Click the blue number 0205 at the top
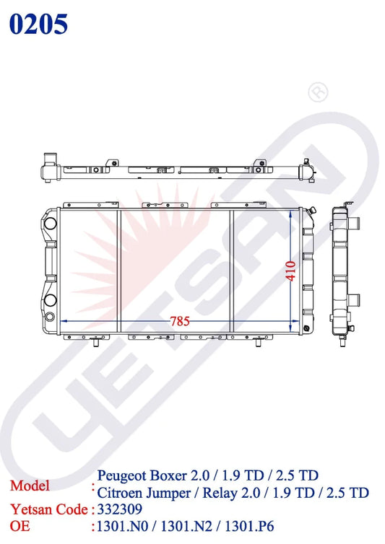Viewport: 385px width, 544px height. click(x=38, y=24)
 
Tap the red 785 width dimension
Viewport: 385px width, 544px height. click(x=180, y=321)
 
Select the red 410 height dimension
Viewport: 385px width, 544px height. click(x=291, y=271)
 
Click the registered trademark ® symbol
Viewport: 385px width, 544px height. click(x=318, y=92)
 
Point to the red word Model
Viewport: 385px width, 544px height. click(x=30, y=486)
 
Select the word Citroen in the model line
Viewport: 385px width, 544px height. click(x=119, y=493)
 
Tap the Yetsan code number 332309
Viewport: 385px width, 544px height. click(x=119, y=509)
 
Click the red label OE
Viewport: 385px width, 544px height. click(x=20, y=526)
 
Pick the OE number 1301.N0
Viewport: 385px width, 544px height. click(x=122, y=526)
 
